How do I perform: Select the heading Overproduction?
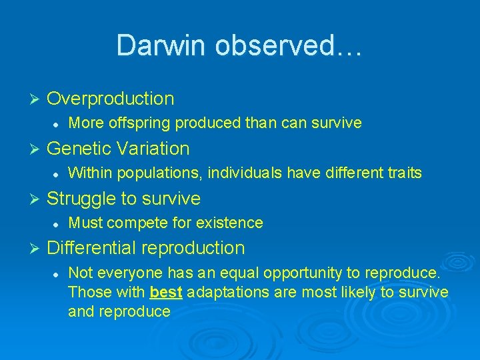click(x=111, y=99)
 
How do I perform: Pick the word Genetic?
click(x=81, y=148)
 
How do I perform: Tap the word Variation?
click(x=155, y=148)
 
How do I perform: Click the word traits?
click(x=404, y=173)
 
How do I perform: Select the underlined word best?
click(x=167, y=292)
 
